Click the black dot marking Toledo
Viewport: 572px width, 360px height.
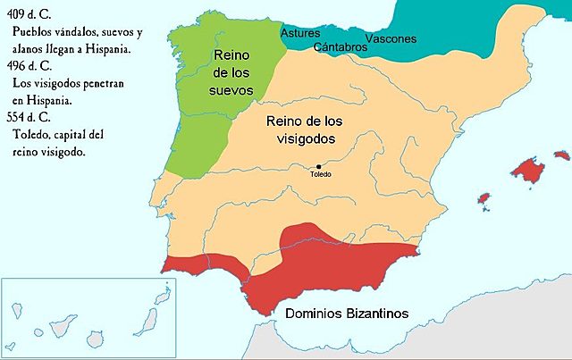pos(318,166)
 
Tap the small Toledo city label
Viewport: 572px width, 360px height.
pos(320,174)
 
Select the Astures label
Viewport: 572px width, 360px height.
pos(300,33)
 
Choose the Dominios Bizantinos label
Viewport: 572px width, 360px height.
pos(347,314)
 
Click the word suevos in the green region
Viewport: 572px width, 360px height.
pos(234,90)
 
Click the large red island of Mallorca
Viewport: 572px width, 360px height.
pos(528,167)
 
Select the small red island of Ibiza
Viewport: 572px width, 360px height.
pos(484,197)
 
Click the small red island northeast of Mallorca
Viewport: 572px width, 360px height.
pos(560,152)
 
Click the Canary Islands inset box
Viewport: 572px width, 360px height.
pos(66,318)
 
